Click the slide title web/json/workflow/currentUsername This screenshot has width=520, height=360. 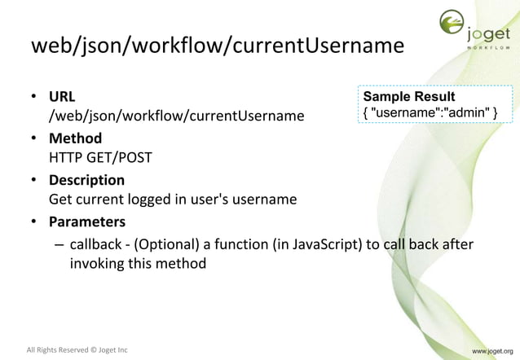pyautogui.click(x=217, y=46)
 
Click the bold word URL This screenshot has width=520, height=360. pyautogui.click(x=63, y=97)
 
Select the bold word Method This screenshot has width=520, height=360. pyautogui.click(x=75, y=138)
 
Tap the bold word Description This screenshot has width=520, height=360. pyautogui.click(x=87, y=180)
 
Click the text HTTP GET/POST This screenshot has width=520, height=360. pyautogui.click(x=100, y=158)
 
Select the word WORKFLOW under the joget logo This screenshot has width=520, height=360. pyautogui.click(x=489, y=47)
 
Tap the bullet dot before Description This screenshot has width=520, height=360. pyautogui.click(x=36, y=180)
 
